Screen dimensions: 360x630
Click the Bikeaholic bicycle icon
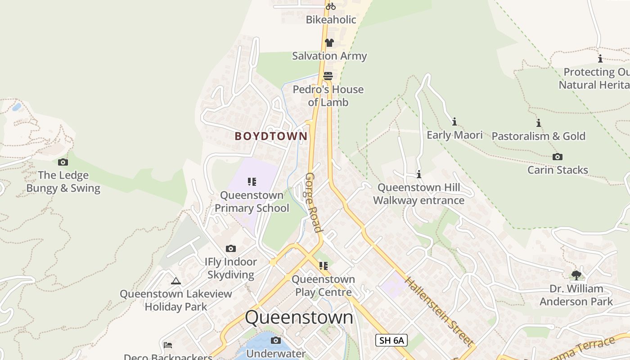click(x=331, y=6)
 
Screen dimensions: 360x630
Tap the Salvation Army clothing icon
click(x=329, y=43)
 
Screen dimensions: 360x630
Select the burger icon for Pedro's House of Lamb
click(x=328, y=76)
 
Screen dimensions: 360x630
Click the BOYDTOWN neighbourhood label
click(x=271, y=136)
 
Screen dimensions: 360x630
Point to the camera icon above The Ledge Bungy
click(x=63, y=162)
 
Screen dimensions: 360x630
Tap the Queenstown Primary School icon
click(x=252, y=182)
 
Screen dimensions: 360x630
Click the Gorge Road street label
click(x=314, y=202)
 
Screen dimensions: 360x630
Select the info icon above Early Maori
click(x=454, y=121)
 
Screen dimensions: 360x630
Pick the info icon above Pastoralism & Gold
click(x=538, y=123)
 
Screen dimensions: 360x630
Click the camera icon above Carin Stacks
click(x=558, y=157)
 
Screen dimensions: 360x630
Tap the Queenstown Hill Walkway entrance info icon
click(x=419, y=174)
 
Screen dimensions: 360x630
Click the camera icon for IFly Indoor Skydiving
click(x=231, y=248)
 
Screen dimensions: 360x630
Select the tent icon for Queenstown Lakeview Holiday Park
click(x=176, y=281)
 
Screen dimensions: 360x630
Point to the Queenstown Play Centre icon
click(x=323, y=266)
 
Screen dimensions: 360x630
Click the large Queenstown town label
click(x=299, y=317)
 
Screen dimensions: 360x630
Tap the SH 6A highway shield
click(x=391, y=340)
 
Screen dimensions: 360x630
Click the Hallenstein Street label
click(x=440, y=311)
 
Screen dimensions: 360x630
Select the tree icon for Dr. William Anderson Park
click(x=576, y=275)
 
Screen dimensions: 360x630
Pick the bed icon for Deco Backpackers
click(x=168, y=345)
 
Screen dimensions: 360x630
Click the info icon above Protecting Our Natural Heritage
click(x=600, y=58)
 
